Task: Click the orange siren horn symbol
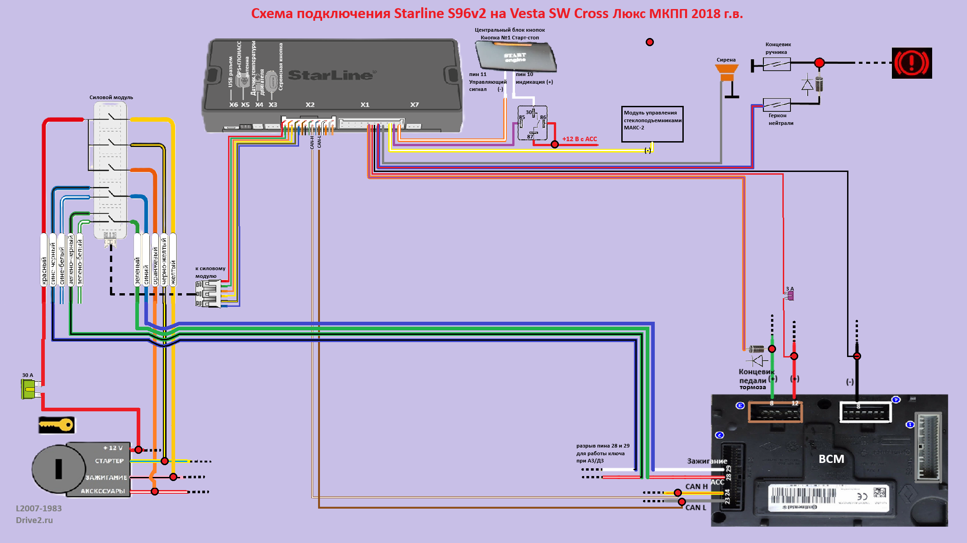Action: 727,71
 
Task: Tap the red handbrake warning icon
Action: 911,63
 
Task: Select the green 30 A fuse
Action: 29,389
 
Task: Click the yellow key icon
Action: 57,425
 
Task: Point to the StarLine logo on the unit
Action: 330,75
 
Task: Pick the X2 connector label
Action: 310,105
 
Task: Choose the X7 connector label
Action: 414,105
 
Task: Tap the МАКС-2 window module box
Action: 652,124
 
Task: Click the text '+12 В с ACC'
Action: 579,139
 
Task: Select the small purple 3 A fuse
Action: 790,295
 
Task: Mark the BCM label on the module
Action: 831,459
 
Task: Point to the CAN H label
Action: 696,486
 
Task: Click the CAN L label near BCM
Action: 695,508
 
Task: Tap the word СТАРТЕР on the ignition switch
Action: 109,461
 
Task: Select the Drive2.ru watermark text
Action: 34,520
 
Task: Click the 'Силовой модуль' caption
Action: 111,97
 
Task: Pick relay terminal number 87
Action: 530,137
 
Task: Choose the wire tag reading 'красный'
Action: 44,271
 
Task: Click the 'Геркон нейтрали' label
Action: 781,119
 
